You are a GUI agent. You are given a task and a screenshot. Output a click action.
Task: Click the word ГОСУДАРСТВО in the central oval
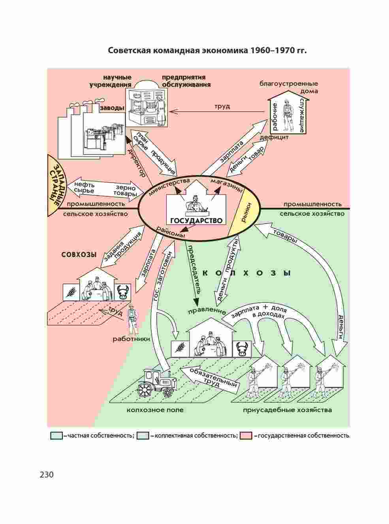(x=196, y=220)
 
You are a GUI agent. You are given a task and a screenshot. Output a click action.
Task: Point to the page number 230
(x=46, y=474)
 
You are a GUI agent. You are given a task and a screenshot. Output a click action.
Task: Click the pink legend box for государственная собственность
(x=246, y=436)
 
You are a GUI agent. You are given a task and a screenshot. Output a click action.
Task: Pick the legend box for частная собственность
(x=56, y=436)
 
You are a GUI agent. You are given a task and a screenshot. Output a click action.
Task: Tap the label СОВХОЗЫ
(x=79, y=255)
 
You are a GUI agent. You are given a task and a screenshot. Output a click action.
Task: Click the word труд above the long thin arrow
(x=222, y=106)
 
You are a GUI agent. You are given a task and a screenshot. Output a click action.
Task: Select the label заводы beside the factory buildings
(x=112, y=108)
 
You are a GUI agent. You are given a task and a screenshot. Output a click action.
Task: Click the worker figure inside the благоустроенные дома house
(x=288, y=117)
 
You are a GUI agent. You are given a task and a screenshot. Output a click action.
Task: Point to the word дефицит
(x=274, y=138)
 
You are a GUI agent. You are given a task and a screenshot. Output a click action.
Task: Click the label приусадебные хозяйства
(x=287, y=410)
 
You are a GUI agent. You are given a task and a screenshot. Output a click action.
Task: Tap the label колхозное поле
(x=155, y=410)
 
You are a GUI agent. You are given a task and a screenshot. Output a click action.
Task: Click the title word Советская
(x=130, y=51)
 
